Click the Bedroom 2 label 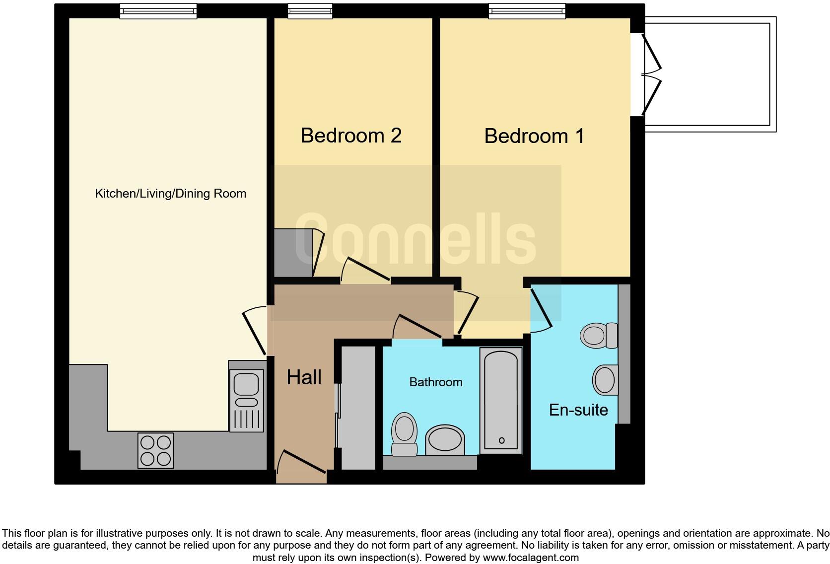(x=350, y=136)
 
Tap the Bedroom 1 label (x=534, y=136)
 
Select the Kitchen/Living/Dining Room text (x=170, y=194)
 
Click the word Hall (x=304, y=378)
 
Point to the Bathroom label (x=435, y=382)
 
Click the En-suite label (x=578, y=410)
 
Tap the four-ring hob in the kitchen (x=156, y=450)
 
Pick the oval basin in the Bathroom (x=445, y=439)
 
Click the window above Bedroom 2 (x=310, y=10)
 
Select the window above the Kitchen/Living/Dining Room (x=158, y=10)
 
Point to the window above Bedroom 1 (x=527, y=10)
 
